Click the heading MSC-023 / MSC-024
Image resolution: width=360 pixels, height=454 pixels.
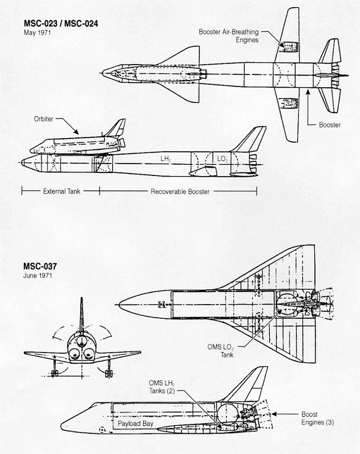point(61,24)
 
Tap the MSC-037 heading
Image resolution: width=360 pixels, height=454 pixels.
point(40,266)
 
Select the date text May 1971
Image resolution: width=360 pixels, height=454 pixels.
point(37,33)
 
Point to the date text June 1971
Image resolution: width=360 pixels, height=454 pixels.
point(37,276)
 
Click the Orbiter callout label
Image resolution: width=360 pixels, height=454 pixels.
point(43,119)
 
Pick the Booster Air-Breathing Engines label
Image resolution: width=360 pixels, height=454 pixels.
point(229,36)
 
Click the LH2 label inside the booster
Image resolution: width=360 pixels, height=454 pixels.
point(165,159)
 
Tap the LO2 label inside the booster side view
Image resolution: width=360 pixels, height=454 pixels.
point(222,159)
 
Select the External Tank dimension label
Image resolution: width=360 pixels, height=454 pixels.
point(62,191)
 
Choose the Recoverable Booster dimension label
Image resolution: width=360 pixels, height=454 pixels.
point(180,191)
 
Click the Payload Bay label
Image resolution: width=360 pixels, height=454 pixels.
point(135,424)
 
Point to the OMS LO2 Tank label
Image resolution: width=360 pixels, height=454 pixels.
point(221,351)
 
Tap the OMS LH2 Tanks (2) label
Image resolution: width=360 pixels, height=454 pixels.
point(162,387)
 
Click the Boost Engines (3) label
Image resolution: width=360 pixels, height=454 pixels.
point(317,418)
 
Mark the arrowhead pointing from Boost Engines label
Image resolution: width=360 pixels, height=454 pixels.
point(273,414)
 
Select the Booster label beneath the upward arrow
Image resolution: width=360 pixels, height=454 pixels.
point(330,125)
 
